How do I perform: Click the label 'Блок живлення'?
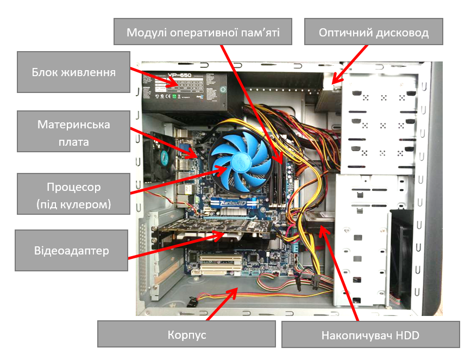tap(73, 72)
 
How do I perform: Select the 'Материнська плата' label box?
tap(73, 132)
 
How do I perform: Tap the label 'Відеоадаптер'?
tap(71, 251)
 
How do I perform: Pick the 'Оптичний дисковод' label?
tap(373, 33)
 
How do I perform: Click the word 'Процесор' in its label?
tap(73, 187)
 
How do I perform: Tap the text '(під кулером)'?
tap(73, 205)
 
